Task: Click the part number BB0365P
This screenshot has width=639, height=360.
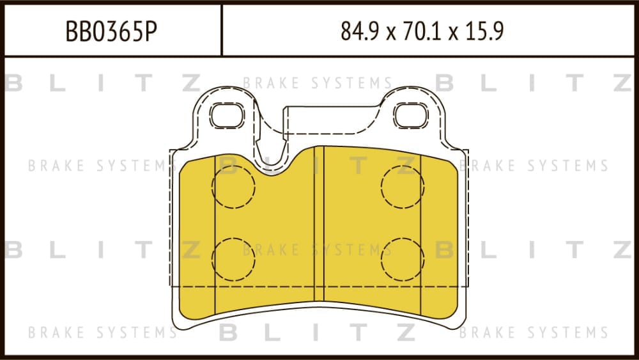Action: point(111,31)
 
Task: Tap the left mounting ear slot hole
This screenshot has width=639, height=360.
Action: point(227,115)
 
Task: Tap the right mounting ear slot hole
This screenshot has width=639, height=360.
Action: point(411,115)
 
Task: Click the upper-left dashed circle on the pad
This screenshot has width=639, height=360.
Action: point(233,187)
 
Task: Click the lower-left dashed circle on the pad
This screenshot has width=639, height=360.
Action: point(233,260)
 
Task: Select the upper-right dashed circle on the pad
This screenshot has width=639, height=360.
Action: point(403,187)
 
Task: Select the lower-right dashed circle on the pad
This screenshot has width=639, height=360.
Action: point(403,260)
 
